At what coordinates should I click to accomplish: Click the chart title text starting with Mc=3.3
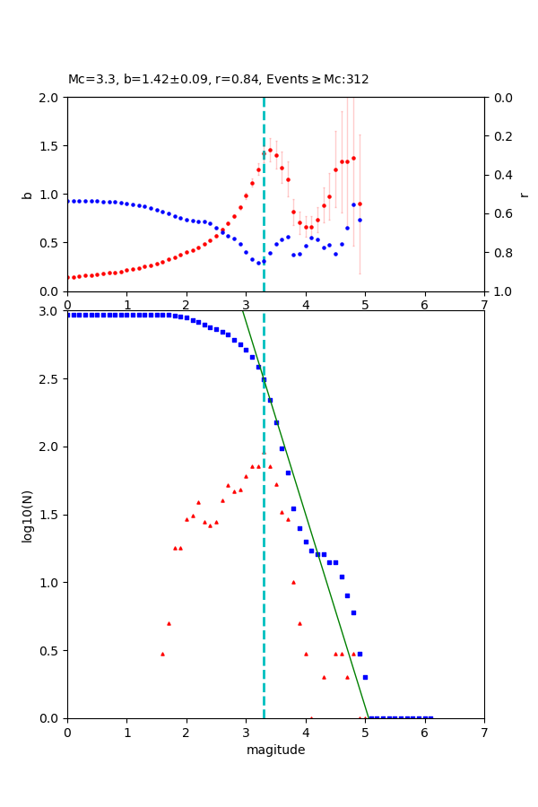218,80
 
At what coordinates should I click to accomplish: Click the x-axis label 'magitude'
275,750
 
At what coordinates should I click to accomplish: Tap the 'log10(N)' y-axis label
28,515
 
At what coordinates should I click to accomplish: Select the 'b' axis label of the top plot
28,195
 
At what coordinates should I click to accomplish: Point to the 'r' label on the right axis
524,195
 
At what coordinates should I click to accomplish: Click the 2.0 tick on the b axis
51,98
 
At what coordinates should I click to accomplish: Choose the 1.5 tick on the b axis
51,146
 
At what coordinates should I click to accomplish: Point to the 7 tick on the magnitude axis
484,732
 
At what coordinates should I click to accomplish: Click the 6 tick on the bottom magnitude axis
424,732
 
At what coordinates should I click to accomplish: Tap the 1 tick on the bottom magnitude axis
126,732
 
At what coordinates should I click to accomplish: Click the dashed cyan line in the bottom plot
264,538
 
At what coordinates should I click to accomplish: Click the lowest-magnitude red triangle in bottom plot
162,654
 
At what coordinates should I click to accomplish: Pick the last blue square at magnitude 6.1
430,717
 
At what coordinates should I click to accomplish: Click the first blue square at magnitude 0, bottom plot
68,315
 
